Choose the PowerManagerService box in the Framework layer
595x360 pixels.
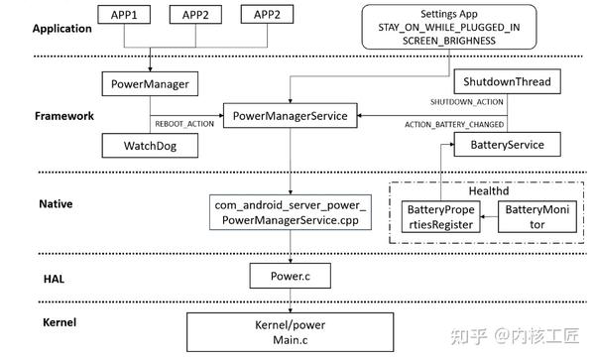(x=290, y=116)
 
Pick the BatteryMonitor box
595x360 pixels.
(x=536, y=217)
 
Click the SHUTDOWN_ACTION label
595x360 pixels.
(x=467, y=103)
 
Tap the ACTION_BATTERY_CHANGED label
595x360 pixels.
(x=455, y=125)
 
